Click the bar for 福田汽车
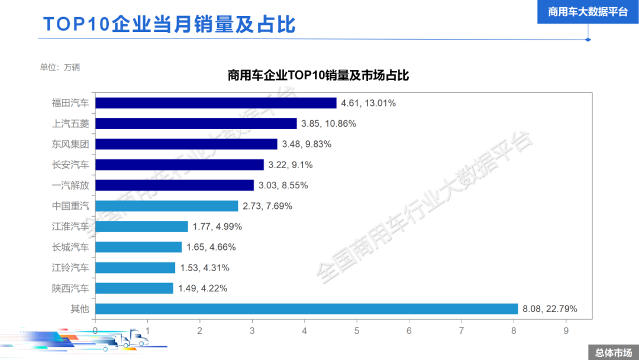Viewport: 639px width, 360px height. pyautogui.click(x=215, y=103)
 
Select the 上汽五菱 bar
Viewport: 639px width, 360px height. pyautogui.click(x=196, y=124)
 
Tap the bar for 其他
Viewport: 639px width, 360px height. pyautogui.click(x=306, y=308)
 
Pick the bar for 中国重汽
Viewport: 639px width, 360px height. pyautogui.click(x=166, y=206)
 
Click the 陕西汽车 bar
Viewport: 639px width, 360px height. pyautogui.click(x=134, y=288)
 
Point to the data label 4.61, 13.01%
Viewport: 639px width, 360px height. pyautogui.click(x=368, y=103)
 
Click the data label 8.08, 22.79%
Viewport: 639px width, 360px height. pyautogui.click(x=550, y=308)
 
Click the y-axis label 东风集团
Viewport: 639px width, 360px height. pyautogui.click(x=70, y=144)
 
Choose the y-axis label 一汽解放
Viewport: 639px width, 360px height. pyautogui.click(x=70, y=185)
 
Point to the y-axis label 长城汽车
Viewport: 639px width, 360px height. pyautogui.click(x=70, y=247)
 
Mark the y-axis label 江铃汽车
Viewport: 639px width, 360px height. pyautogui.click(x=70, y=268)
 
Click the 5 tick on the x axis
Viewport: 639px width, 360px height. pyautogui.click(x=357, y=330)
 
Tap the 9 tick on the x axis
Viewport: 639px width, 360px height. pyautogui.click(x=566, y=330)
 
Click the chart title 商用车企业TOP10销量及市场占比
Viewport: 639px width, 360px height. pyautogui.click(x=318, y=76)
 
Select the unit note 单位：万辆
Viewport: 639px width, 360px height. pyautogui.click(x=60, y=67)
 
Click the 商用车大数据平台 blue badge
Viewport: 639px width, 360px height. pyautogui.click(x=588, y=12)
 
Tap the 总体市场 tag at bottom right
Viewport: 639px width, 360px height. pyautogui.click(x=613, y=352)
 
